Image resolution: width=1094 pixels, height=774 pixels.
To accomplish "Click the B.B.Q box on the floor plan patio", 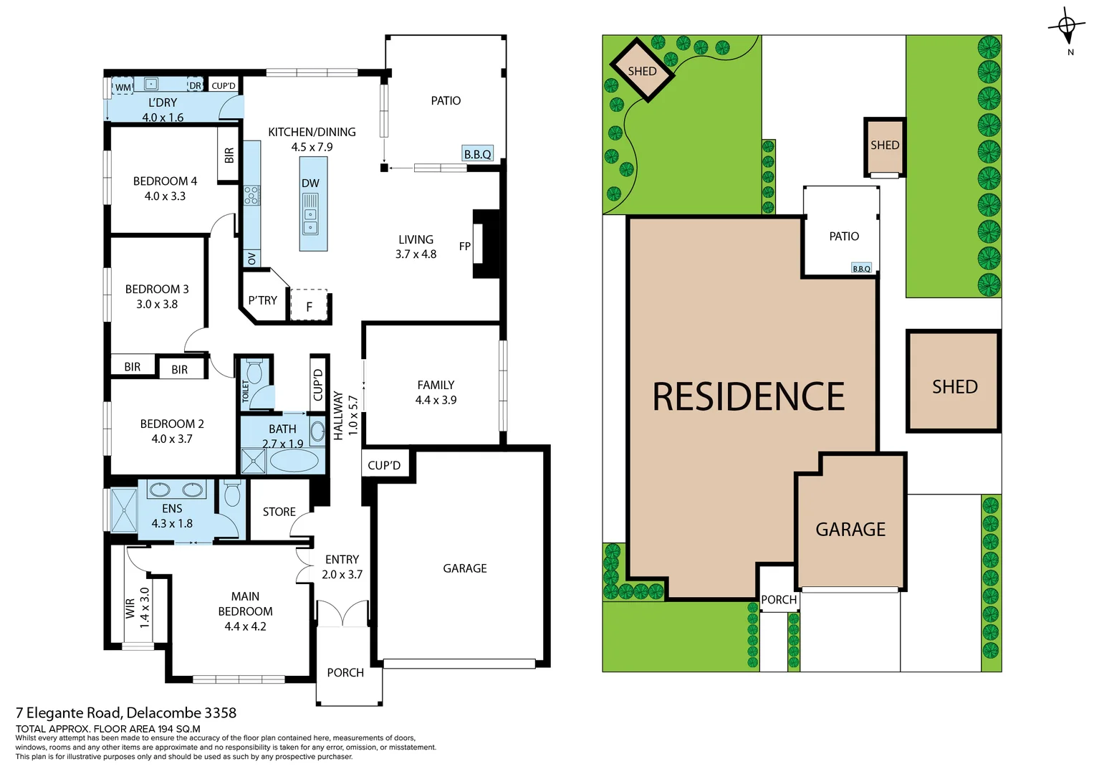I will (478, 154).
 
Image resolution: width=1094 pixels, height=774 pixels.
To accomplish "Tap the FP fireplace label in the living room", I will (464, 247).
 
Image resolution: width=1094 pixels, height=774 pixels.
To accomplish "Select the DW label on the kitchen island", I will (310, 183).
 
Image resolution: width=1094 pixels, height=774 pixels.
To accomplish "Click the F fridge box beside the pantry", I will (309, 307).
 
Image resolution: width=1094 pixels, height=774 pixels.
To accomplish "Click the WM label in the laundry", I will (123, 87).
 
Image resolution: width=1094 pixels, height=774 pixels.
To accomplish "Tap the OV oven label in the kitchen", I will (251, 258).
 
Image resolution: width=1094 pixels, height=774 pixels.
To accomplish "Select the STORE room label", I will (279, 512).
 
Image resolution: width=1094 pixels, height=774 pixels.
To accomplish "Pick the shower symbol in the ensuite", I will (124, 510).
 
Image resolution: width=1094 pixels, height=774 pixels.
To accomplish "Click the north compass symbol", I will (1067, 27).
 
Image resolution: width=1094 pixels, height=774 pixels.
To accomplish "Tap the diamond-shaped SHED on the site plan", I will (643, 71).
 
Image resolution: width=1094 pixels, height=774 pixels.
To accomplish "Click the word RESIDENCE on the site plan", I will (748, 397).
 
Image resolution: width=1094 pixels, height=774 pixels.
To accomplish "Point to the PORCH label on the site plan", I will (779, 600).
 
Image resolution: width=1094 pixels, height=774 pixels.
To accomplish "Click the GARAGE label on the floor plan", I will (464, 568).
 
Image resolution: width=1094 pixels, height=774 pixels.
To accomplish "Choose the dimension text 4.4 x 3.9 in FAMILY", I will (436, 401).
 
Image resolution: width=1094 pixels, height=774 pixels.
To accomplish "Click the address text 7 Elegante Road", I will (69, 712).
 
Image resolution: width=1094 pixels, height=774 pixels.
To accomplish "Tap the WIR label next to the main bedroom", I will (130, 608).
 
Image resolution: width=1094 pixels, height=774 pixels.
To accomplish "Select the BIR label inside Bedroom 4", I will (229, 155).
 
